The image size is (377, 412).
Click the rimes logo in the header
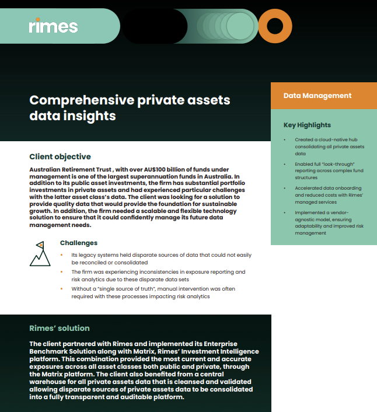(53, 26)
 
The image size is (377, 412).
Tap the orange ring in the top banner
(274, 26)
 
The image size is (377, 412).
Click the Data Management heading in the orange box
(317, 96)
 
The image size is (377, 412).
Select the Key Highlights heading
(307, 125)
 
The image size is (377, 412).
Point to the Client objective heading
(60, 156)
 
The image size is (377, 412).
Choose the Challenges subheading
(79, 243)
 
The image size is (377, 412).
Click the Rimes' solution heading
(60, 328)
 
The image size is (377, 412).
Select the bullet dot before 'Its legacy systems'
(62, 256)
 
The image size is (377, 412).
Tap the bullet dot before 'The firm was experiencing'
(62, 272)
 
